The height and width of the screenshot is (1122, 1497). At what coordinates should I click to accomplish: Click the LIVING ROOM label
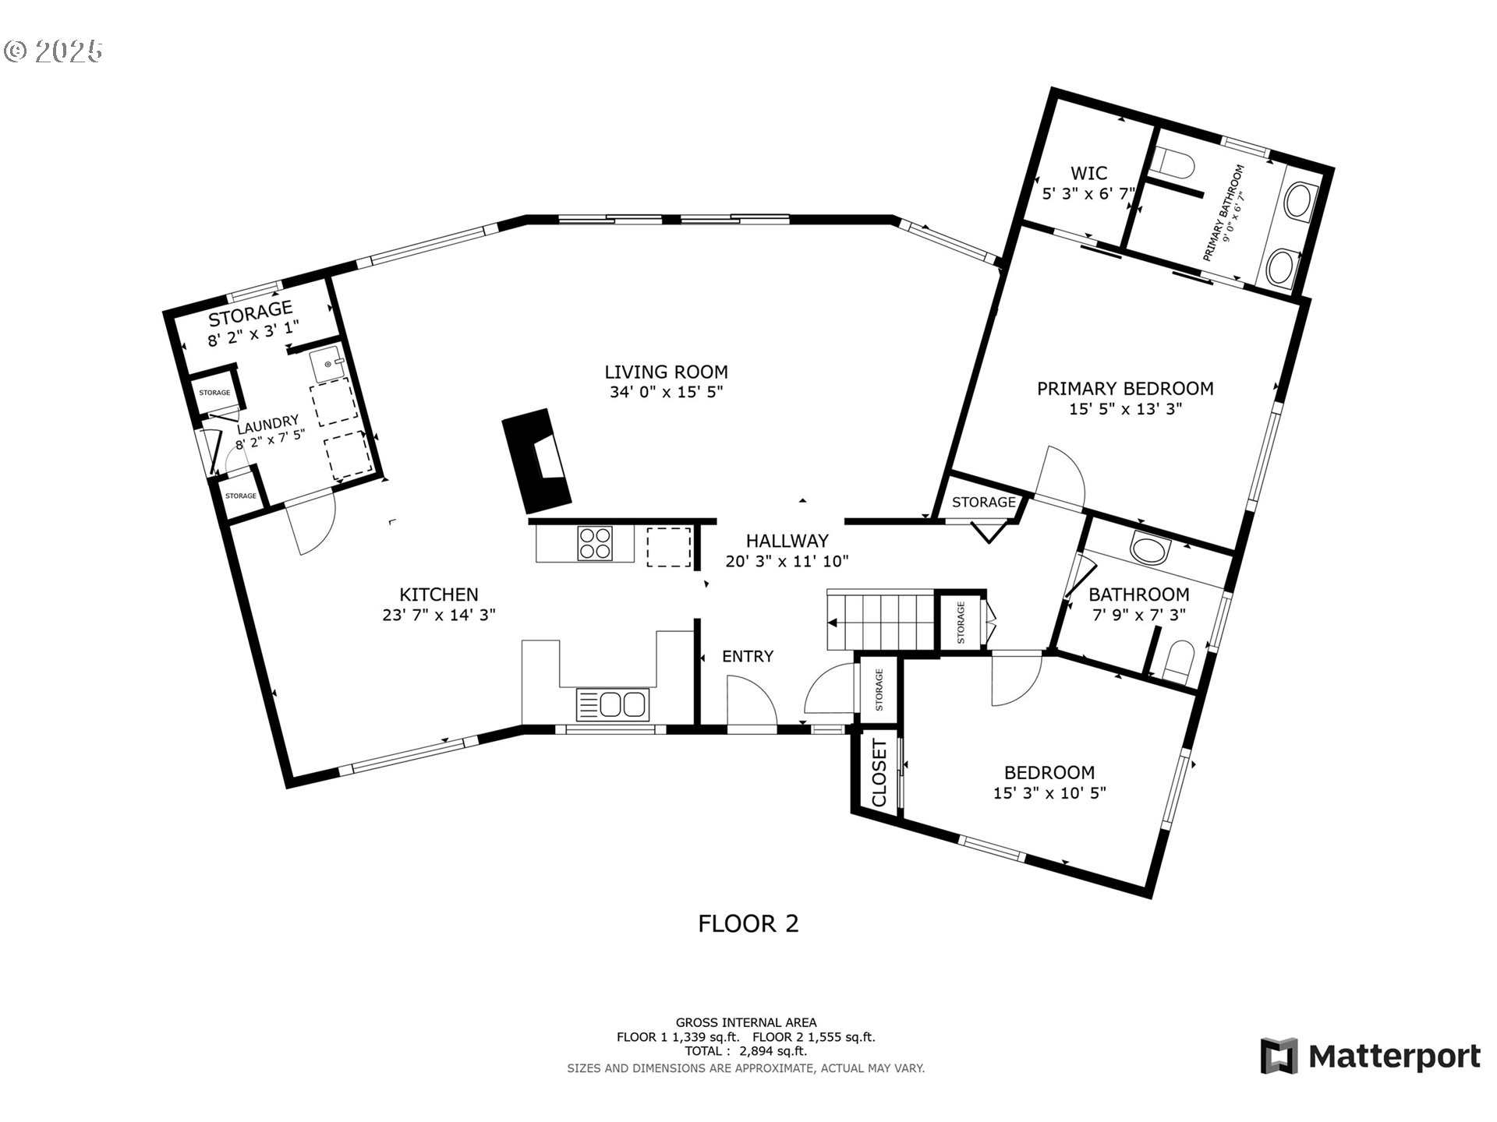point(666,372)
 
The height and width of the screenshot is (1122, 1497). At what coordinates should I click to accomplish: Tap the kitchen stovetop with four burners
point(595,543)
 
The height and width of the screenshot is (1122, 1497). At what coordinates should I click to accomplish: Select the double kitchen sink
point(612,704)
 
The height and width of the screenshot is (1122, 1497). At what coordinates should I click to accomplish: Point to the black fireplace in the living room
point(537,458)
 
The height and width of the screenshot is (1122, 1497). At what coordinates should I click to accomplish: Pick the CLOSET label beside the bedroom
point(879,774)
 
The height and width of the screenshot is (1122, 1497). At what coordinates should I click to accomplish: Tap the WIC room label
point(1088,173)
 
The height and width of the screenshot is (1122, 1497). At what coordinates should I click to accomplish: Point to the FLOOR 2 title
point(748,923)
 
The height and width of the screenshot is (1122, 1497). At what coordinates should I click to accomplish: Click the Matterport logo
point(1370,1056)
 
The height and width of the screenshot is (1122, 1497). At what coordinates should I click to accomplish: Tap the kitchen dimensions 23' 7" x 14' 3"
point(439,614)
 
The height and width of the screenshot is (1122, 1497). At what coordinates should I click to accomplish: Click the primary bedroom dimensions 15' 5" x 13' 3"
point(1125,408)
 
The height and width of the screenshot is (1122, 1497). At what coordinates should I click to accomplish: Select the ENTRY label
point(748,656)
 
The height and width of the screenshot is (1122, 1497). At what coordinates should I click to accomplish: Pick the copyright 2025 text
point(53,51)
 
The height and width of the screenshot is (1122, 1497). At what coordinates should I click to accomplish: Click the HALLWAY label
point(787,541)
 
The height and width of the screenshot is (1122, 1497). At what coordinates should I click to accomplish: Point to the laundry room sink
point(327,363)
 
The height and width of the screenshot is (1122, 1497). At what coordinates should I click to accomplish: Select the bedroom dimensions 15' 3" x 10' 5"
point(1049,793)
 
